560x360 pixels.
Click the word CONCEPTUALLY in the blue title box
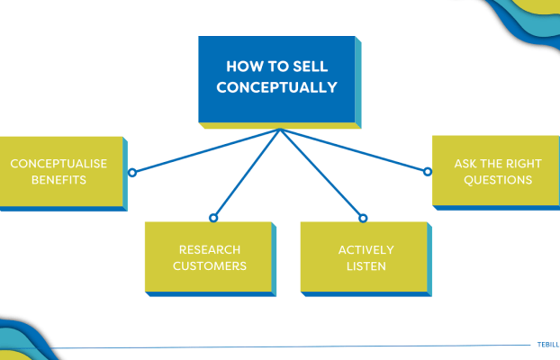pyautogui.click(x=276, y=87)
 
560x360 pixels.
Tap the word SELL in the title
pyautogui.click(x=310, y=67)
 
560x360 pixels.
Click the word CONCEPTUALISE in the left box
pyautogui.click(x=59, y=164)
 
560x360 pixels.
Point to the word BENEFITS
pyautogui.click(x=59, y=180)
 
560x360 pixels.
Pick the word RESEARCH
pyautogui.click(x=210, y=249)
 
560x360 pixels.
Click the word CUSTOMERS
pyautogui.click(x=210, y=266)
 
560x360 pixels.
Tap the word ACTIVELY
pyautogui.click(x=366, y=249)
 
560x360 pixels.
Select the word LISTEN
pyautogui.click(x=366, y=266)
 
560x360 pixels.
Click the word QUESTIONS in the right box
pyautogui.click(x=498, y=180)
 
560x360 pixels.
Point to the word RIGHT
pyautogui.click(x=524, y=164)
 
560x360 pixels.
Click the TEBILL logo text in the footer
pyautogui.click(x=548, y=345)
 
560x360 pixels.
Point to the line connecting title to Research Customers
pyautogui.click(x=248, y=172)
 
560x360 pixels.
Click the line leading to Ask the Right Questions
pyautogui.click(x=353, y=149)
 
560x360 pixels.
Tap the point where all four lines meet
pyautogui.click(x=280, y=130)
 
